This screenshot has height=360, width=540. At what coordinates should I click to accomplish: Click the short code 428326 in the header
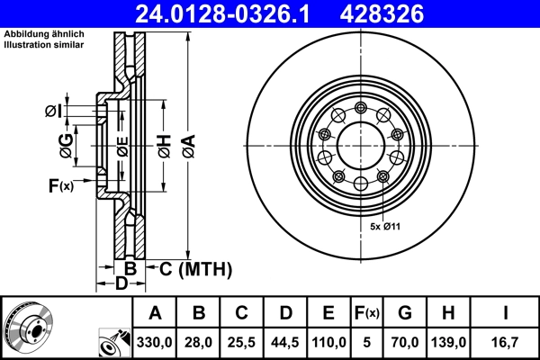tap(393, 13)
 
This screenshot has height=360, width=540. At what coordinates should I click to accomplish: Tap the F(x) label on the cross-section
tap(61, 185)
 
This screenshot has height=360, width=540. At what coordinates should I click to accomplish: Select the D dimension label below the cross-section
tap(121, 284)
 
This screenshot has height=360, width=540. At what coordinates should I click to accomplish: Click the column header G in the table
tap(404, 313)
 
